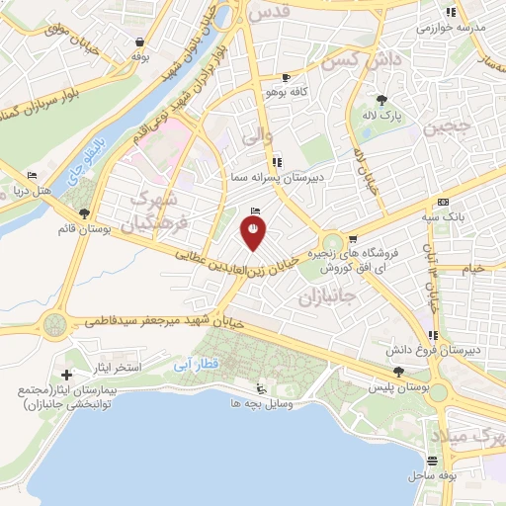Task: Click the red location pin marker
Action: click(x=253, y=232)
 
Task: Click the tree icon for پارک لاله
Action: click(x=382, y=100)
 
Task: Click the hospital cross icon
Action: click(x=66, y=375)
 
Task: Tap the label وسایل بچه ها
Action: click(x=229, y=404)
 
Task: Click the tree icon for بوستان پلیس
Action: click(x=398, y=371)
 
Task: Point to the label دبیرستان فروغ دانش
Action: click(x=446, y=351)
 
